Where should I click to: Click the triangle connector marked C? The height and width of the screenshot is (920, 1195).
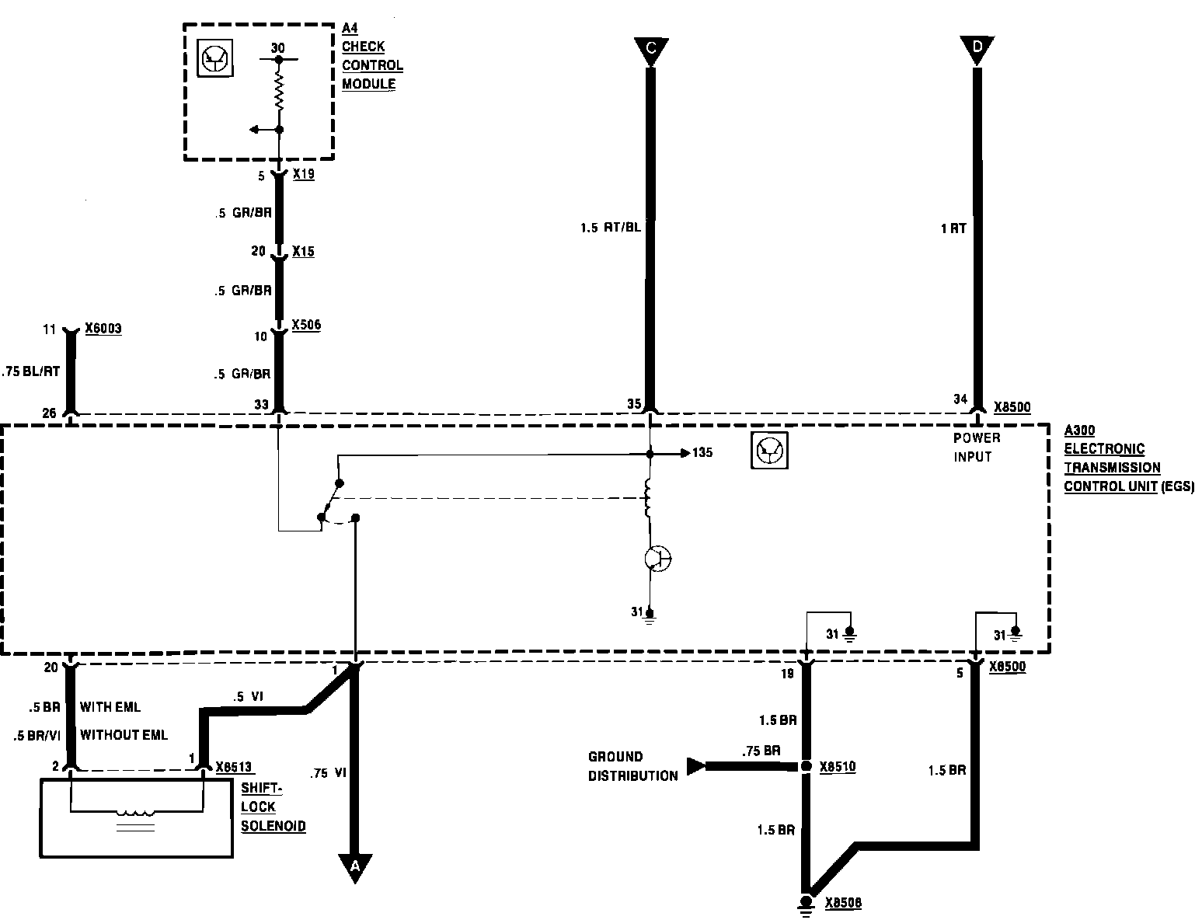coord(650,50)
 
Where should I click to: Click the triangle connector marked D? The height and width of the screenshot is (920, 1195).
coord(977,50)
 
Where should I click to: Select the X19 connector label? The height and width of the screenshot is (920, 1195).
coord(303,175)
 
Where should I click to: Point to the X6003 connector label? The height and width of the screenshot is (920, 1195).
coord(103,329)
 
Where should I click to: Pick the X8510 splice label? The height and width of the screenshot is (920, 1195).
coord(838,767)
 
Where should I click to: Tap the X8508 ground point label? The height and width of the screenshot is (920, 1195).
coord(843,904)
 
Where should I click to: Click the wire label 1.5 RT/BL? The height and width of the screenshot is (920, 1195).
coord(611,228)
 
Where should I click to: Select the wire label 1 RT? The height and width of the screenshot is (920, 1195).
coord(953,228)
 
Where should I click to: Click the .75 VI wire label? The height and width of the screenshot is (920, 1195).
coord(329,773)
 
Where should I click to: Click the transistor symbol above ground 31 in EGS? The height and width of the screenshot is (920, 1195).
coord(658,559)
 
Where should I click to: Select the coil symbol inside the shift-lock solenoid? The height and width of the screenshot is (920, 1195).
coord(136,813)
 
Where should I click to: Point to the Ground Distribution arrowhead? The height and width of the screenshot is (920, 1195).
coord(695,766)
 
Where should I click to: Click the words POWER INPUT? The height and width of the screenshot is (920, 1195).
coord(977,448)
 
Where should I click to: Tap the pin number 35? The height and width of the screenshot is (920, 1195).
coord(635,404)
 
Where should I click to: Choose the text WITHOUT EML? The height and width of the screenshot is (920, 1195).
coord(124,734)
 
